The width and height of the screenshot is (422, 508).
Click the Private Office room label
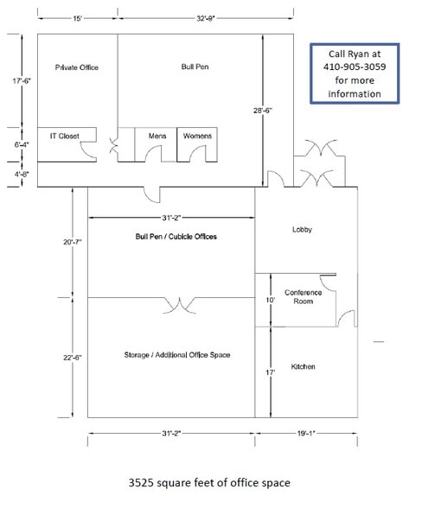coord(74,67)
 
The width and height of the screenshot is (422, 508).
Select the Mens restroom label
coord(157,136)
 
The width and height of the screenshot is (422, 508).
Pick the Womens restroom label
coord(196,136)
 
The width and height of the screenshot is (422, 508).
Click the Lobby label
coord(302,230)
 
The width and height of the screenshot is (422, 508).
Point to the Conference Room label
coord(303,297)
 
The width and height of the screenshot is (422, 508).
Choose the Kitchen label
coord(303,366)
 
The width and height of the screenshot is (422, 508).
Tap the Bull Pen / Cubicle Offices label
coord(176,236)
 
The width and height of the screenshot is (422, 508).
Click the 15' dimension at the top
coord(77,17)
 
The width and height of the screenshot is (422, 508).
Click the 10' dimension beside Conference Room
coord(270,299)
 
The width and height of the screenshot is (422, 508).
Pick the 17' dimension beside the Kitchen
coord(270,373)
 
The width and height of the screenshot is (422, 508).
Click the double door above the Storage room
coord(177,304)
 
